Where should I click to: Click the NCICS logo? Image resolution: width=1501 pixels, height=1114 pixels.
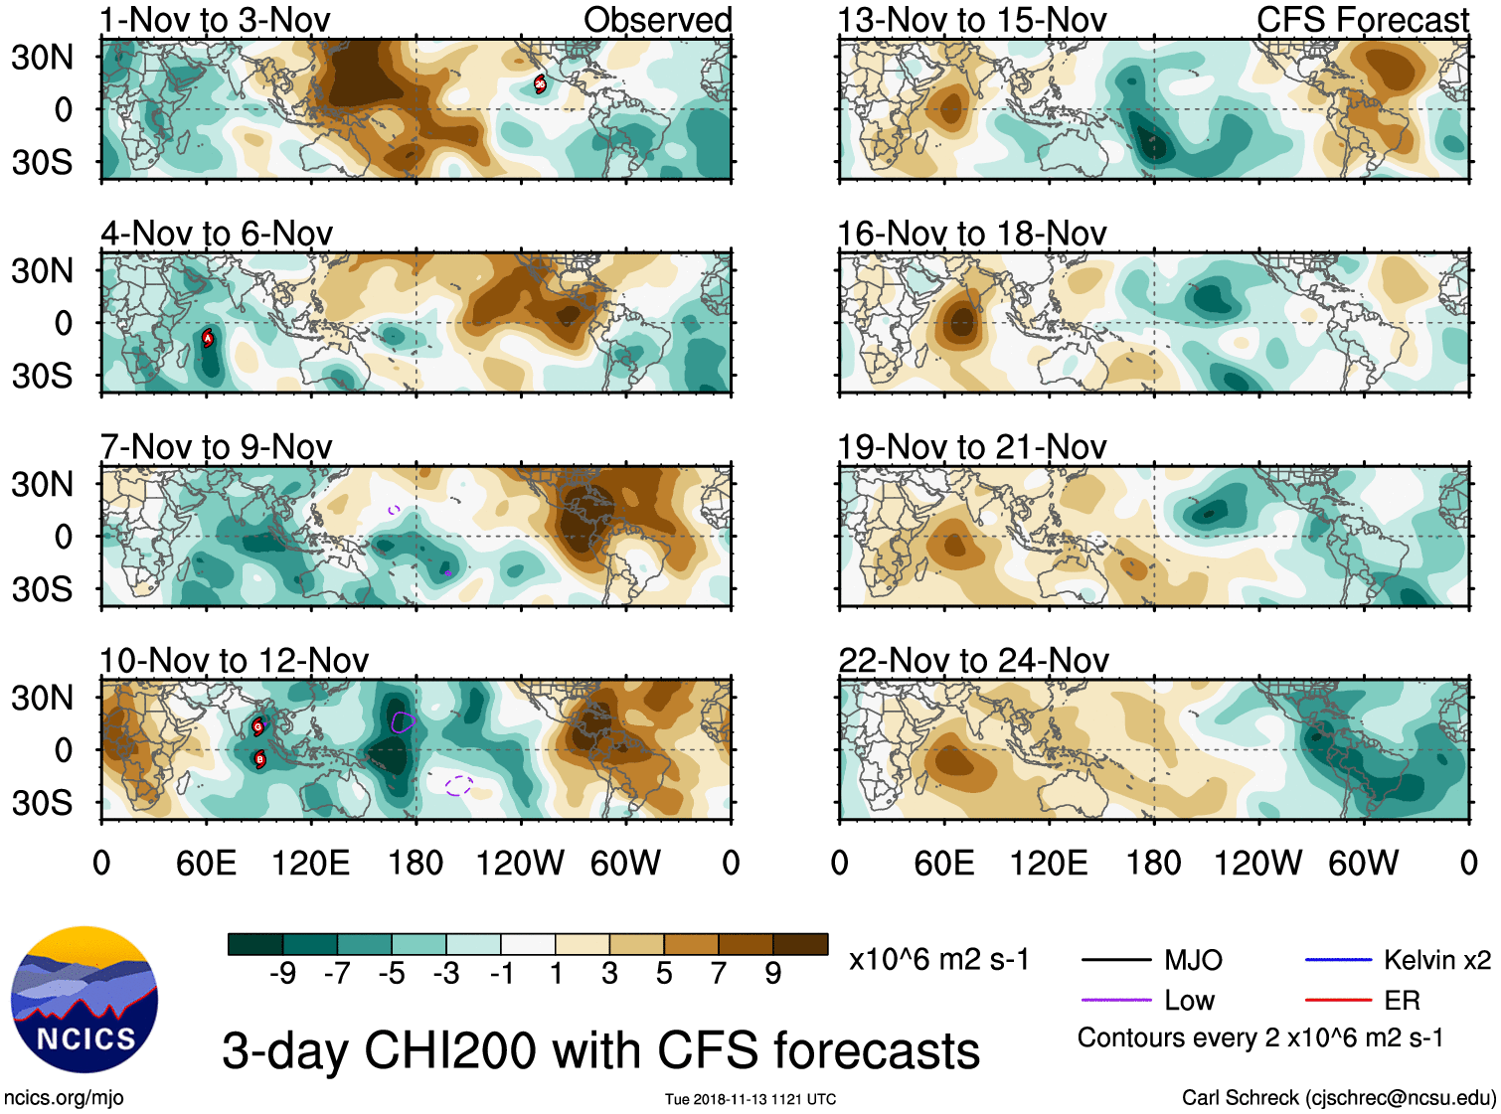click(x=84, y=999)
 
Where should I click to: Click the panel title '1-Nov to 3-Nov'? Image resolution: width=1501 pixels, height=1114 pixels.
click(x=215, y=20)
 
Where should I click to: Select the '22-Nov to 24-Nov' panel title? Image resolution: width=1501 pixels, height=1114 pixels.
click(x=973, y=660)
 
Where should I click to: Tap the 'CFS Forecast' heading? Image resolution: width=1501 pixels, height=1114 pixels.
click(x=1362, y=20)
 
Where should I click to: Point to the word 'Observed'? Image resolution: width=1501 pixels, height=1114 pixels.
click(x=657, y=20)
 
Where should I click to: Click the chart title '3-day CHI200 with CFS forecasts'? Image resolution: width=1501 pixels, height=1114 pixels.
click(x=600, y=1050)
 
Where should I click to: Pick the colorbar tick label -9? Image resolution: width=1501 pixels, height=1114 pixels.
click(x=282, y=974)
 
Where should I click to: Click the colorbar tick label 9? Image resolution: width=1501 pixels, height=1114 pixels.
click(x=773, y=974)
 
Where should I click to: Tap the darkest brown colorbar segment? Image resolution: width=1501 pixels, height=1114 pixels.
click(x=800, y=944)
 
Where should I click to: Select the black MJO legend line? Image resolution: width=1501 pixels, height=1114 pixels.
click(x=1115, y=960)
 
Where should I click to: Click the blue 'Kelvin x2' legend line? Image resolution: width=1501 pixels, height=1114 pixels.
click(x=1338, y=960)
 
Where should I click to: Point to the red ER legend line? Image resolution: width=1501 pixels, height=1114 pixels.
click(x=1338, y=1000)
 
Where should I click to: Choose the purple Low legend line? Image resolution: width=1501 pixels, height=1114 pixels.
click(x=1115, y=1000)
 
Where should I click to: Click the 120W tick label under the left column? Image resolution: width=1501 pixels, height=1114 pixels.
click(x=520, y=863)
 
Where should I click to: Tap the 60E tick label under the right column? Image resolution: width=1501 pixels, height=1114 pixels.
click(x=944, y=863)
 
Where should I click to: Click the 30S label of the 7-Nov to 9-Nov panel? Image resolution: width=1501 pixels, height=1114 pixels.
click(x=43, y=589)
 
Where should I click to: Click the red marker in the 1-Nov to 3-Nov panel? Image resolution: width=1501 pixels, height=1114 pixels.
click(x=540, y=83)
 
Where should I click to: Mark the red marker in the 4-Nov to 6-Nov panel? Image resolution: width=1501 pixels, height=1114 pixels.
click(x=208, y=338)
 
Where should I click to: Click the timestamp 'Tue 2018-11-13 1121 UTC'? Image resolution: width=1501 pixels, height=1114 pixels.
click(x=750, y=1099)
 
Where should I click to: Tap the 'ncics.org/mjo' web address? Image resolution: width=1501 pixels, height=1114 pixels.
click(x=64, y=1098)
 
